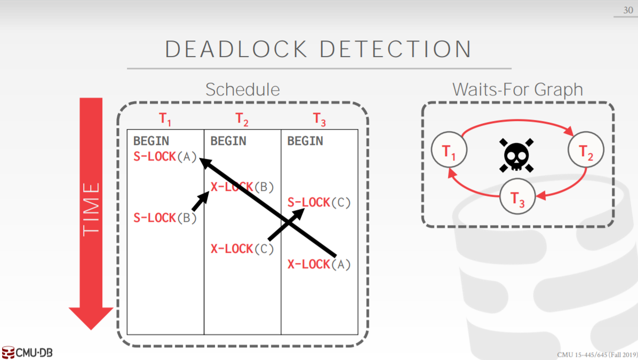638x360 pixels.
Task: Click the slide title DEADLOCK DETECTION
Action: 318,50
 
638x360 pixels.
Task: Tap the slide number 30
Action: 628,10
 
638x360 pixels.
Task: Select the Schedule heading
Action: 242,90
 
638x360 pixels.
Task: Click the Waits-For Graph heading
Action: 517,90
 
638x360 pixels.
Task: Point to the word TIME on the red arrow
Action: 91,208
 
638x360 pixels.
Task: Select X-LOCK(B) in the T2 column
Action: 242,187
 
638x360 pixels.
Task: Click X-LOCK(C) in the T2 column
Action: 242,249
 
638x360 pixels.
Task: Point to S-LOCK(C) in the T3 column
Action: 319,203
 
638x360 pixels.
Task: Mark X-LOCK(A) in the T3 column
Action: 319,264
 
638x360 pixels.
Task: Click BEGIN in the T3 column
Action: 305,141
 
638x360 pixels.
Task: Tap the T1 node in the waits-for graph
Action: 449,152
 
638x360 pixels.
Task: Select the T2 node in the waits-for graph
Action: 586,152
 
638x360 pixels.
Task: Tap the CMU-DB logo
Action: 28,353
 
